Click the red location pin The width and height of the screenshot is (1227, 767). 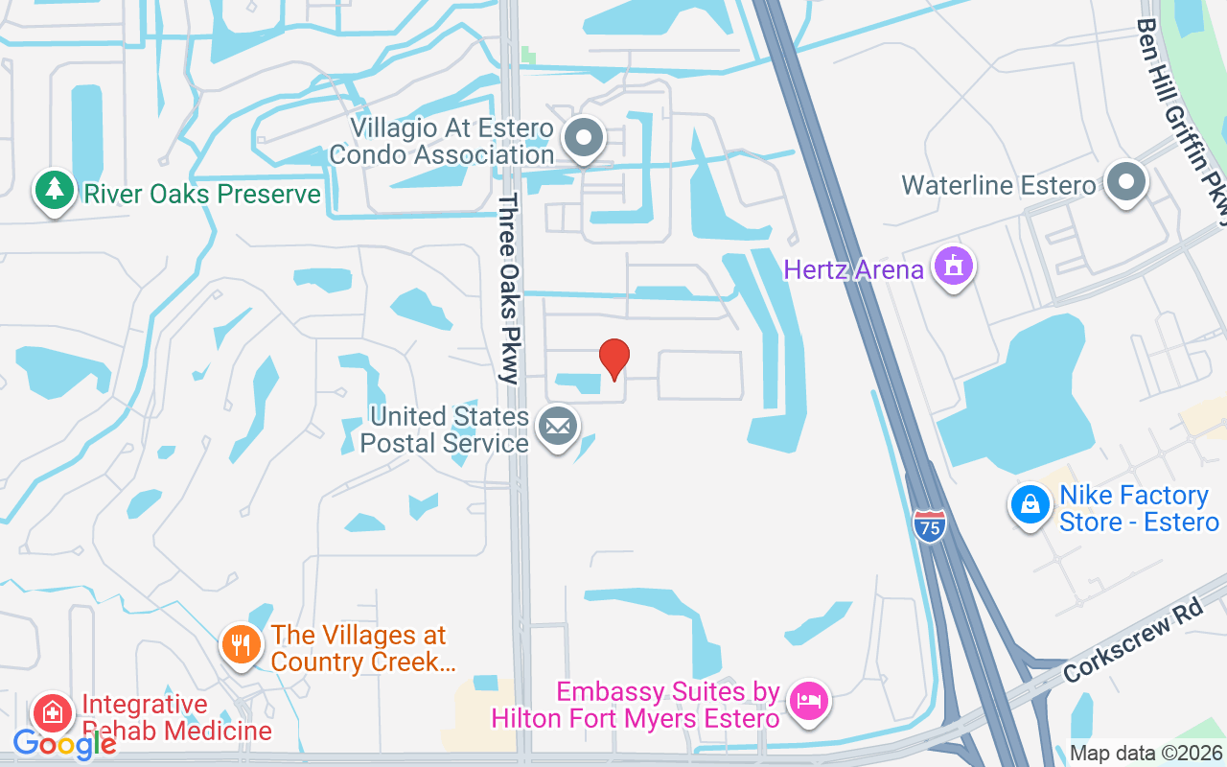(x=614, y=358)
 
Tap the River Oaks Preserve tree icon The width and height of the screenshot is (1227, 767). (x=54, y=190)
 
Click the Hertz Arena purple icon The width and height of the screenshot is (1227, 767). (x=954, y=267)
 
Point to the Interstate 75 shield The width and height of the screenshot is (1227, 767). (x=929, y=526)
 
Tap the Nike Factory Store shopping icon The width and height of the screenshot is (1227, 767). (x=1030, y=504)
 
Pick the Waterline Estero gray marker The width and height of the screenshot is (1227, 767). (x=1126, y=182)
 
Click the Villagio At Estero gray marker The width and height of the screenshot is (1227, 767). (x=583, y=139)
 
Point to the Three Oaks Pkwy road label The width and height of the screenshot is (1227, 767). (x=508, y=288)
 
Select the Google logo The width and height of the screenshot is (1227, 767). (x=64, y=744)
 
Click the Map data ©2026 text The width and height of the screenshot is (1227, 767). (x=1146, y=754)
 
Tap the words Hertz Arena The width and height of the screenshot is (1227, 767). (x=853, y=269)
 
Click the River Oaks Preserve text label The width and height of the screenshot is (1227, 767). (x=201, y=195)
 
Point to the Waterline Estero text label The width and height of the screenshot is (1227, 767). (x=998, y=185)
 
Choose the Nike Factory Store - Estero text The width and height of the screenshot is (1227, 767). (x=1138, y=509)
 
